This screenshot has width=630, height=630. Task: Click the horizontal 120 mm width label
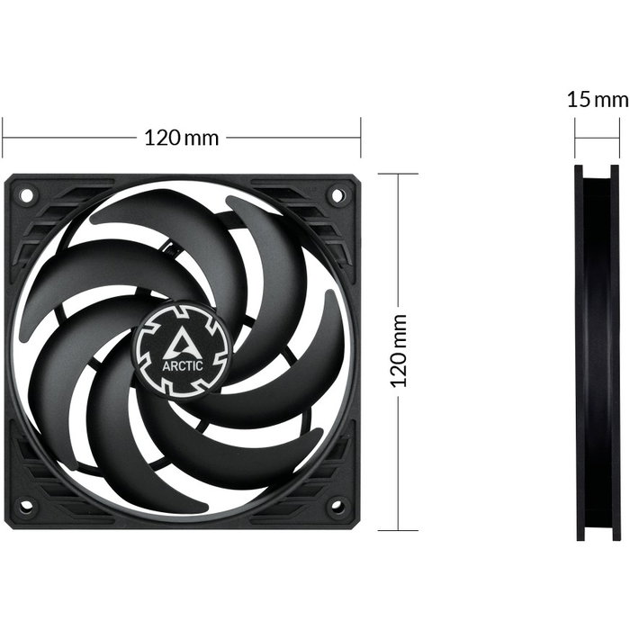click(x=182, y=138)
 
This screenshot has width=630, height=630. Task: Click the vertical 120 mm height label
click(x=400, y=350)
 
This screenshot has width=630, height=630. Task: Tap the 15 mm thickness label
click(x=598, y=99)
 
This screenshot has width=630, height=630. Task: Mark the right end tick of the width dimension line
click(x=361, y=138)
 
